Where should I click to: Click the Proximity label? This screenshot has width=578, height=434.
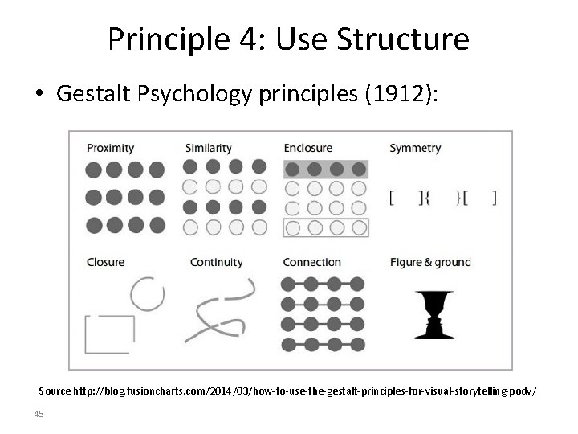pos(110,148)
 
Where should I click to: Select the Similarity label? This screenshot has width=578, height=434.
pos(208,148)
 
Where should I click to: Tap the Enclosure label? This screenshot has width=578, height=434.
pos(307,148)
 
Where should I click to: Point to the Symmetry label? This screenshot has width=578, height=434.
pos(414,148)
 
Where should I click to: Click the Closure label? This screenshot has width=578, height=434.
pos(105,262)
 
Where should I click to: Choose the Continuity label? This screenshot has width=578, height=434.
pos(216,262)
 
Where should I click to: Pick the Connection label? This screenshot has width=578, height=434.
pos(311,262)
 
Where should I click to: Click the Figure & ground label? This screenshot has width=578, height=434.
pos(430,262)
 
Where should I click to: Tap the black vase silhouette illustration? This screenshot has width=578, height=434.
pos(433,314)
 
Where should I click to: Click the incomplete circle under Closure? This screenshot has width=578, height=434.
pos(147,295)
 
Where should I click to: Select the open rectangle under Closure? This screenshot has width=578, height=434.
pos(109,333)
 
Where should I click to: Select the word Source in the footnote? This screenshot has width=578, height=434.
pos(55,391)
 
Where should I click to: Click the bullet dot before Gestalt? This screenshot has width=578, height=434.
pos(39,94)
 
